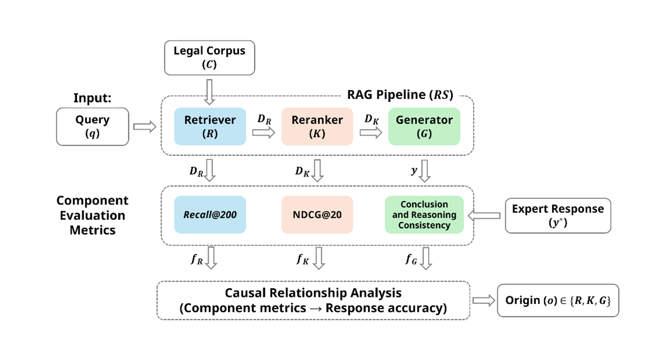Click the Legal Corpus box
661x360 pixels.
(210, 58)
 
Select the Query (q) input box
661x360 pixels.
(93, 127)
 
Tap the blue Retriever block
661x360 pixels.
(210, 127)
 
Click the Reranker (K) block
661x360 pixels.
(317, 127)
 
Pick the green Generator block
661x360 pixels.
(424, 127)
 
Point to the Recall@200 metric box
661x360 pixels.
(210, 215)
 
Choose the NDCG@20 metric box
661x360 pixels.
(317, 215)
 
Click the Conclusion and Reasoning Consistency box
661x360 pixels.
(424, 215)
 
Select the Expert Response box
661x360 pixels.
(558, 215)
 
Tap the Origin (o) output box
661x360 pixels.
(558, 300)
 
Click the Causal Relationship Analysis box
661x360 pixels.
(313, 300)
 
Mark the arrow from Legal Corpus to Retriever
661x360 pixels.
(210, 92)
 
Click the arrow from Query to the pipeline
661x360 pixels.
(144, 127)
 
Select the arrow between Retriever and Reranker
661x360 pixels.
(263, 133)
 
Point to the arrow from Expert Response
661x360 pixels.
(484, 215)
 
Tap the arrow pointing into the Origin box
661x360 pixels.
(484, 300)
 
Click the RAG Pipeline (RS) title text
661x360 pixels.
(400, 95)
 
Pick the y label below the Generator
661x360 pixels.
(414, 171)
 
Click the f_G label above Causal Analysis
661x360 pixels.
(411, 259)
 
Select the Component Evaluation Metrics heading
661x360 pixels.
(93, 215)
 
